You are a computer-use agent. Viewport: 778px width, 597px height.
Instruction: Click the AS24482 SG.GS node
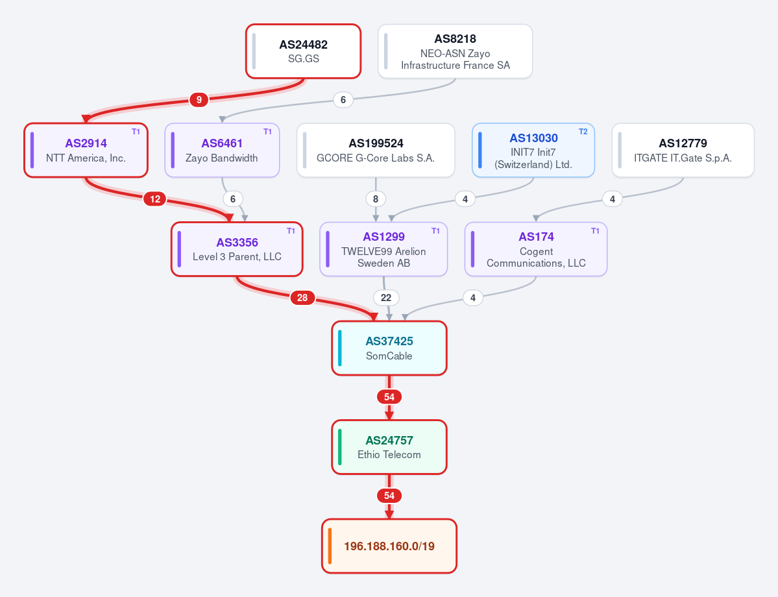click(303, 51)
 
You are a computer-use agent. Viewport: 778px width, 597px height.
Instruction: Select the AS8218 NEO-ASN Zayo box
click(455, 51)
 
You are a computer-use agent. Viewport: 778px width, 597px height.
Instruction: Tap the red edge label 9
click(199, 100)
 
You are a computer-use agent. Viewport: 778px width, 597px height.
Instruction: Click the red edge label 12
click(155, 199)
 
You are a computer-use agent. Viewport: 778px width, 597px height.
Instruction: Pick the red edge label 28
click(302, 298)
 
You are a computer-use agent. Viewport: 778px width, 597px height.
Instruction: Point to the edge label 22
click(386, 298)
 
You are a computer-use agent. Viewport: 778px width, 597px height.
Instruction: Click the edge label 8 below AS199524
click(376, 199)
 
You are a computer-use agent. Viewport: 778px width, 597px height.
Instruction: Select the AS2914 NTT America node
click(86, 150)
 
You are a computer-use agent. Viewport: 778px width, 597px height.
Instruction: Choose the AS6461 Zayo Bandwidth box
click(223, 150)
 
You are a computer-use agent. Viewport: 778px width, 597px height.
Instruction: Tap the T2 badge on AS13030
click(583, 132)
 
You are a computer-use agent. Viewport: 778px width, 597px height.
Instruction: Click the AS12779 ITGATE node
click(683, 150)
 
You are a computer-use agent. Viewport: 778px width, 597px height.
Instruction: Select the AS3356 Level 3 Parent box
click(237, 249)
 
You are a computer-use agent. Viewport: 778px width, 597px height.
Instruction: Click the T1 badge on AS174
click(595, 231)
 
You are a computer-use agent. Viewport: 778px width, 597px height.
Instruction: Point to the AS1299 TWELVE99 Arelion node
click(383, 249)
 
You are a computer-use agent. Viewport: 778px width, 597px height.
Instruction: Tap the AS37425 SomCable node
click(389, 348)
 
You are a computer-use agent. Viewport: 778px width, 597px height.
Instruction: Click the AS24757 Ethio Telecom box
click(389, 447)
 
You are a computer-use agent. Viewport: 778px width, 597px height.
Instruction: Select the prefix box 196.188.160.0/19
click(389, 546)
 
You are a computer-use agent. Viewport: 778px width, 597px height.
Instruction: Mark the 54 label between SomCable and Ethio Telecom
click(389, 397)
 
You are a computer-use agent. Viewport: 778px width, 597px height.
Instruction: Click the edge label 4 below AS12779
click(613, 199)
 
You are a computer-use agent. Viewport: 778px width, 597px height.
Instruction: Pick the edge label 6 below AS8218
click(343, 100)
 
